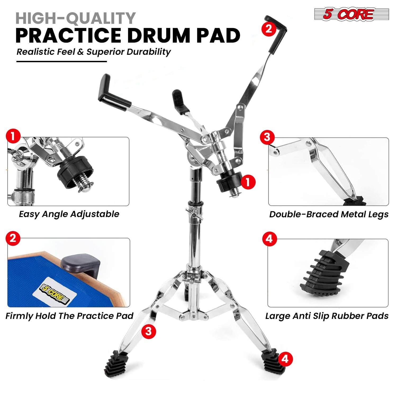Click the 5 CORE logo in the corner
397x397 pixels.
(x=351, y=14)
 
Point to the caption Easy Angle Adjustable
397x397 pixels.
(x=69, y=214)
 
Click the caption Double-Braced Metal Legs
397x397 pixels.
(x=329, y=214)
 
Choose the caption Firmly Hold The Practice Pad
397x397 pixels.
(x=69, y=316)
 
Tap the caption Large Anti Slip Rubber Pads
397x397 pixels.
(x=327, y=316)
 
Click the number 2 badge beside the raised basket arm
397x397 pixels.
(x=269, y=29)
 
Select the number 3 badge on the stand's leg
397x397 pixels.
(x=148, y=331)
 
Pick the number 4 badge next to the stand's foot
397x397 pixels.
(x=285, y=359)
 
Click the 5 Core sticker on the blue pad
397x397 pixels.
(x=56, y=291)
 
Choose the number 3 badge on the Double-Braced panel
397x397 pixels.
(x=267, y=137)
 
